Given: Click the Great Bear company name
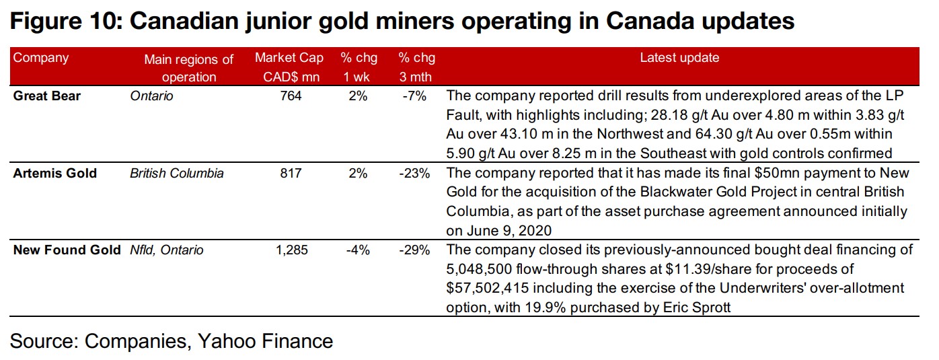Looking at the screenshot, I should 47,96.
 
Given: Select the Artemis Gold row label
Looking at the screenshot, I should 55,174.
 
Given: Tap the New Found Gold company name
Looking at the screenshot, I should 68,250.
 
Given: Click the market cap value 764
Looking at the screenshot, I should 291,96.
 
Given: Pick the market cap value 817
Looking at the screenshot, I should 291,174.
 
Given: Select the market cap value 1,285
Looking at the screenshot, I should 291,250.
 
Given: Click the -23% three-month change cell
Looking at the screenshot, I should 414,174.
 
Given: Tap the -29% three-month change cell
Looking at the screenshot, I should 414,250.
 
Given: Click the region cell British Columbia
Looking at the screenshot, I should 177,174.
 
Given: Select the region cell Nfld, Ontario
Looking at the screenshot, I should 167,250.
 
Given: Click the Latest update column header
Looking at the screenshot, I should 679,58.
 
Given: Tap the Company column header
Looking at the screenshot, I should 41,58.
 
